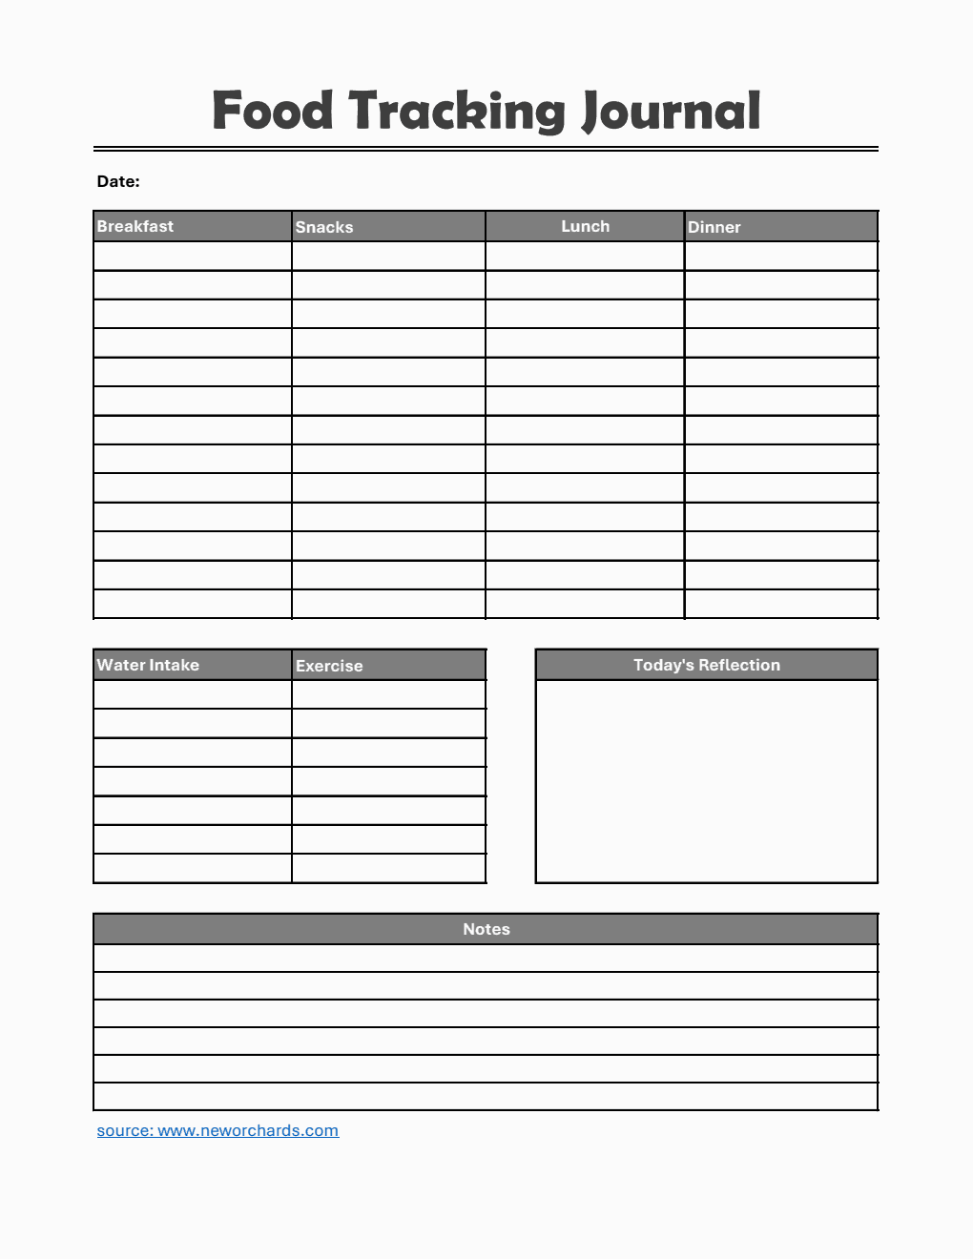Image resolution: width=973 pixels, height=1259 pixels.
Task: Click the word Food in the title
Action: click(273, 111)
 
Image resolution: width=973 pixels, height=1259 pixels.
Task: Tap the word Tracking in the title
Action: click(456, 113)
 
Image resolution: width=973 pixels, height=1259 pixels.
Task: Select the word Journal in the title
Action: click(672, 113)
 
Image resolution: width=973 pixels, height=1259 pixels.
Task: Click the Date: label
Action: click(118, 181)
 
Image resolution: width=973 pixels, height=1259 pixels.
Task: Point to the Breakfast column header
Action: click(135, 226)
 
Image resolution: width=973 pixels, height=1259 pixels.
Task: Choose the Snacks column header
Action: click(324, 227)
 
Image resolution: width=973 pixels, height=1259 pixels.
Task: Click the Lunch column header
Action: click(585, 226)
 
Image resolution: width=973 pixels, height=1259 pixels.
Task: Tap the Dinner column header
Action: click(714, 227)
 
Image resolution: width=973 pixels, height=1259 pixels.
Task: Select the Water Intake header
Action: click(148, 665)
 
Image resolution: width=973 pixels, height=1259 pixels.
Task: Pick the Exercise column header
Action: click(329, 666)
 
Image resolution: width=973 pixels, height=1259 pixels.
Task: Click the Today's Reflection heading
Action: click(707, 665)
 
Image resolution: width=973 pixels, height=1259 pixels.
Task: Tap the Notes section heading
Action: click(486, 929)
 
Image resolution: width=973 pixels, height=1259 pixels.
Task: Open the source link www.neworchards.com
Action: click(218, 1130)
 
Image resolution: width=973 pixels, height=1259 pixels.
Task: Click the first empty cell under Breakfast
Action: click(193, 256)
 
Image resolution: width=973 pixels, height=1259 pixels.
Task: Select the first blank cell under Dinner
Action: click(781, 256)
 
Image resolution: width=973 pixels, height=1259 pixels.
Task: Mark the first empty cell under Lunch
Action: click(585, 256)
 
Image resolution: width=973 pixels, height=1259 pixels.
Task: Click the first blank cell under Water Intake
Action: click(193, 694)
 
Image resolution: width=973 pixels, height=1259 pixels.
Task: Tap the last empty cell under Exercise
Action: click(389, 868)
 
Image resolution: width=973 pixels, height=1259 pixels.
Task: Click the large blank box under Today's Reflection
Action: click(707, 781)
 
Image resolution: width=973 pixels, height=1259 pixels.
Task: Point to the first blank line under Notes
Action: click(486, 958)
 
